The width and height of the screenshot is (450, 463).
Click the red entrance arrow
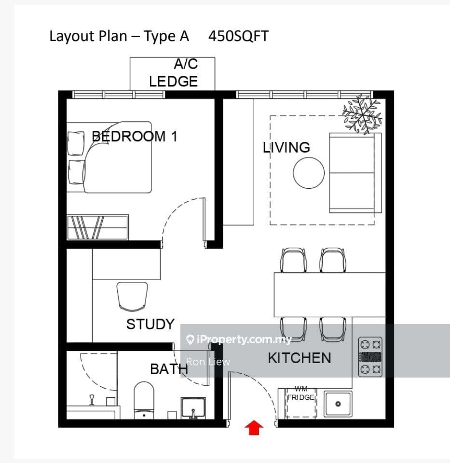[254, 428]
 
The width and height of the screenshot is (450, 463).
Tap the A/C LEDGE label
[174, 73]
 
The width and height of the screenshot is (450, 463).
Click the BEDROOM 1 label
[134, 137]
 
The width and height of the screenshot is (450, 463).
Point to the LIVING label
[286, 147]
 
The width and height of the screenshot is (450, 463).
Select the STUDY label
[150, 324]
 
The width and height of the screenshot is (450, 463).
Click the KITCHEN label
[299, 358]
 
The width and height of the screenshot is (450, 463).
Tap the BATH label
[169, 369]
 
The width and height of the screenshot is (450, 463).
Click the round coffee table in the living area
[309, 173]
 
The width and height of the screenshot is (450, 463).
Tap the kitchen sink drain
[338, 404]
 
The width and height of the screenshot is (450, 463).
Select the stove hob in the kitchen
[370, 357]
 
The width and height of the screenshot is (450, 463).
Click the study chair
[132, 296]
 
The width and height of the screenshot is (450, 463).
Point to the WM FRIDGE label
[300, 393]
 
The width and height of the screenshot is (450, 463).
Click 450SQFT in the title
[238, 36]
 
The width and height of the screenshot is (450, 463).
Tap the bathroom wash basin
[193, 408]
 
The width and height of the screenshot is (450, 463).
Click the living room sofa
[355, 173]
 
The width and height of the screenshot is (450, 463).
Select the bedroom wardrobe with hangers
[98, 227]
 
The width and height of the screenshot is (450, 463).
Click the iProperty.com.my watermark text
[244, 339]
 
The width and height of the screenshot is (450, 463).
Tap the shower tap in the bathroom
[92, 400]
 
